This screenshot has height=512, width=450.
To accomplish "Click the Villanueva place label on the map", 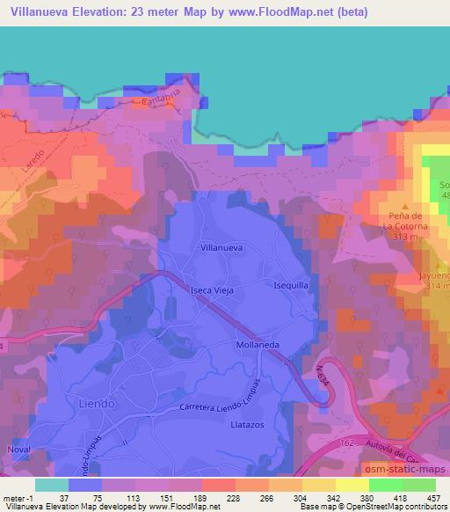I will pos(221,249).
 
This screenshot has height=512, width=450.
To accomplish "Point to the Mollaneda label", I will pos(258,346).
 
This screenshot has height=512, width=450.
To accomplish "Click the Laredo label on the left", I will pos(25,147).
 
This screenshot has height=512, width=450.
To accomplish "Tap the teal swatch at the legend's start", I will pos(52,485).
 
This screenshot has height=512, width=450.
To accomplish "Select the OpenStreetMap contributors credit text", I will pos(393,507).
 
